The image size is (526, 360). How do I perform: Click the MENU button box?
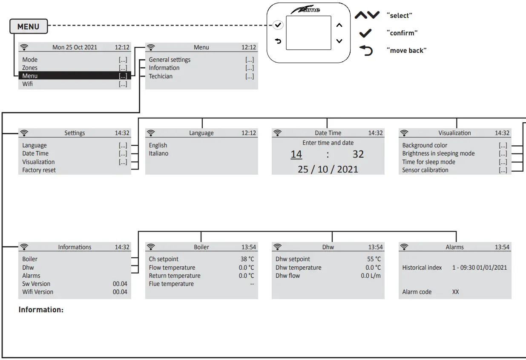pos(29,27)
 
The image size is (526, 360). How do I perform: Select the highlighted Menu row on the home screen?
pos(75,76)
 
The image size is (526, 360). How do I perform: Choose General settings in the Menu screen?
pos(170,60)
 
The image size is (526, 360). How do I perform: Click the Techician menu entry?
pos(161,76)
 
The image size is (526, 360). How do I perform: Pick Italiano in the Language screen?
pos(158,153)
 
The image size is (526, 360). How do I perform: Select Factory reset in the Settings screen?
pos(39,170)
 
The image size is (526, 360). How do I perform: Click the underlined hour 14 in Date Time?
pos(296,154)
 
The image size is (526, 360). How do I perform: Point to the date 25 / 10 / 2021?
pos(328,169)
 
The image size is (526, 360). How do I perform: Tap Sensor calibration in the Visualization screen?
pos(425,170)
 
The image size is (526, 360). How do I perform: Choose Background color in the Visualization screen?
pos(425,145)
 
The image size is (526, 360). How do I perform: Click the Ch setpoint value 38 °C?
pos(247,259)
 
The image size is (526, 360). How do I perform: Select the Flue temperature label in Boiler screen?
pos(171,284)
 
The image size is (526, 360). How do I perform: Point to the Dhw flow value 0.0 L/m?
pos(371,276)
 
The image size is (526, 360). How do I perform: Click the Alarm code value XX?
pos(455,292)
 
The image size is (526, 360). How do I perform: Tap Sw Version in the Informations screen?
pos(36,284)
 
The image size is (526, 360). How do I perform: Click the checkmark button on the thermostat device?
pos(278,25)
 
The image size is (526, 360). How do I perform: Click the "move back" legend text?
pos(406,51)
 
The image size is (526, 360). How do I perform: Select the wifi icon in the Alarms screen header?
pos(404,247)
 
